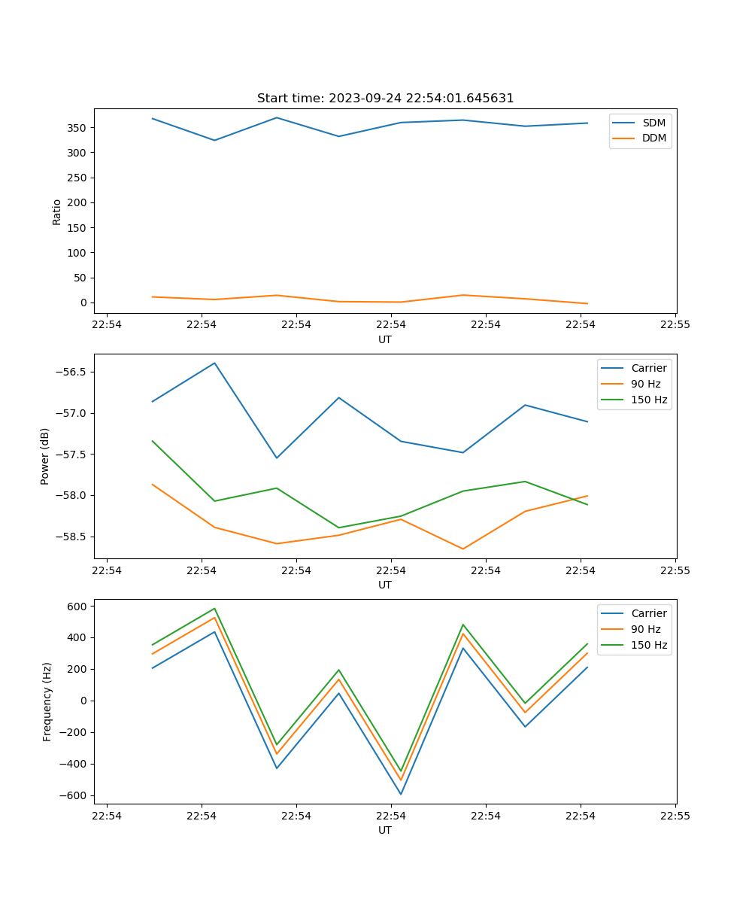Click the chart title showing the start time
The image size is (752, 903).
pos(385,99)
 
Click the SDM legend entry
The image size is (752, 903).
pos(653,123)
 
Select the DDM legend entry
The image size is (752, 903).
pos(653,138)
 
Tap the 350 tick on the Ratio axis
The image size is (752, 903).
pos(78,128)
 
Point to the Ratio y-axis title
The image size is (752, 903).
pos(57,211)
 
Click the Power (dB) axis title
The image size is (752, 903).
pos(45,456)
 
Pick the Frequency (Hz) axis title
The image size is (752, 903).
pos(47,702)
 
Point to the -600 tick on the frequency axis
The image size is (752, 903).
pos(75,795)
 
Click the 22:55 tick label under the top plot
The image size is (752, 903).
pos(675,325)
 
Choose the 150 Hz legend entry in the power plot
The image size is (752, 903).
pos(649,400)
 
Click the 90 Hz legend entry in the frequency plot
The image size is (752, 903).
pos(646,629)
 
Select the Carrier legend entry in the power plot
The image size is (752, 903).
pos(648,368)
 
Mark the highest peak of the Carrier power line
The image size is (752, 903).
pos(214,363)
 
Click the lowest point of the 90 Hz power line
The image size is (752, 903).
pos(462,549)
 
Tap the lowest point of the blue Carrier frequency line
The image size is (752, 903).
pos(401,794)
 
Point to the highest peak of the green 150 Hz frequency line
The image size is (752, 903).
pos(214,609)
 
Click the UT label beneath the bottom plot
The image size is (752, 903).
pos(385,830)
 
